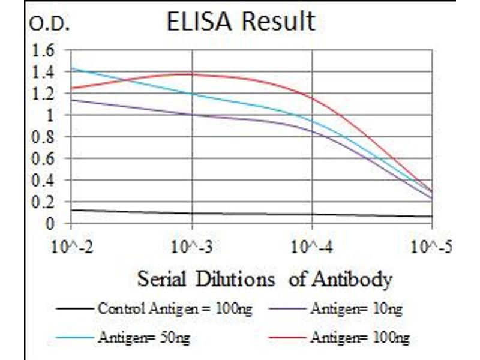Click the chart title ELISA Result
[x=240, y=22]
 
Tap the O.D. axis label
[x=50, y=25]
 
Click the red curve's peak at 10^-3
[x=192, y=74]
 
